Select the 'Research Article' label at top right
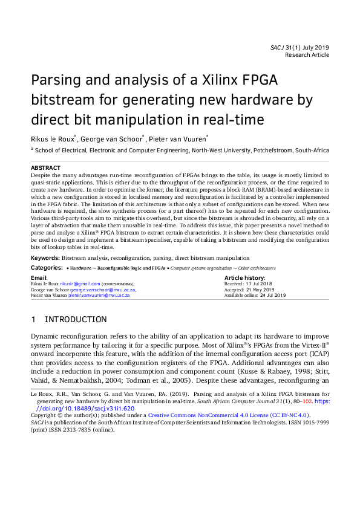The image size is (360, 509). click(x=307, y=55)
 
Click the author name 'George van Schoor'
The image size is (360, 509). click(x=111, y=138)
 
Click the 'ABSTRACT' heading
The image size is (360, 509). click(x=45, y=167)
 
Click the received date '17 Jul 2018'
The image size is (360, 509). click(x=258, y=283)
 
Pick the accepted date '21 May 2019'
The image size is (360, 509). click(x=260, y=290)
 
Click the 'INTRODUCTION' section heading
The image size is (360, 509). click(x=76, y=319)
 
